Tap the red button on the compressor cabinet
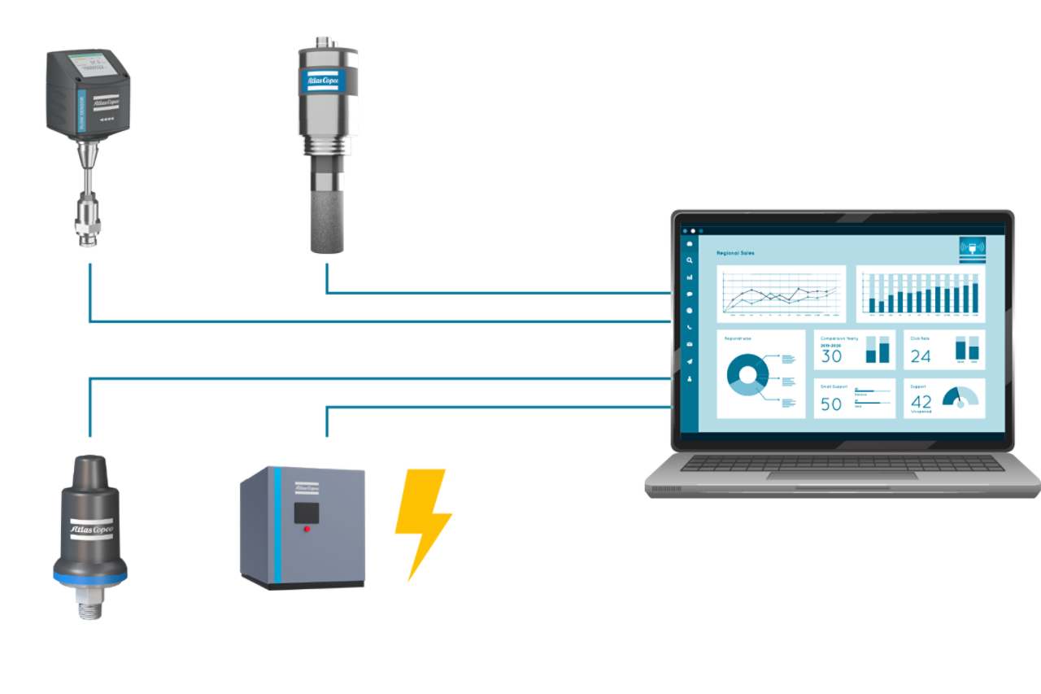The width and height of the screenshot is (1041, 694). (x=307, y=529)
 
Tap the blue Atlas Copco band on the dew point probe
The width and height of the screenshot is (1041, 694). (x=324, y=80)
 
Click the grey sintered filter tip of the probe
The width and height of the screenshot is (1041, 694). (x=327, y=220)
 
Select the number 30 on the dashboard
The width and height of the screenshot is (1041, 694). (x=831, y=356)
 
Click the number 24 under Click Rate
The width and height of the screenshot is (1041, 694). (x=921, y=356)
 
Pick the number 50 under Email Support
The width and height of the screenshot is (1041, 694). (x=831, y=404)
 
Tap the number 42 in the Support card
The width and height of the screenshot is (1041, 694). (x=921, y=402)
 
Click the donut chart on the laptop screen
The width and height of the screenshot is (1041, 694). (x=747, y=374)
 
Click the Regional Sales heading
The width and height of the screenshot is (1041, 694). (x=735, y=253)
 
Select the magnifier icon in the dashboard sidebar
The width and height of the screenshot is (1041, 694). (x=690, y=260)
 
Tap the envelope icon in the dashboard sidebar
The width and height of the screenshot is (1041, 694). (x=690, y=345)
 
